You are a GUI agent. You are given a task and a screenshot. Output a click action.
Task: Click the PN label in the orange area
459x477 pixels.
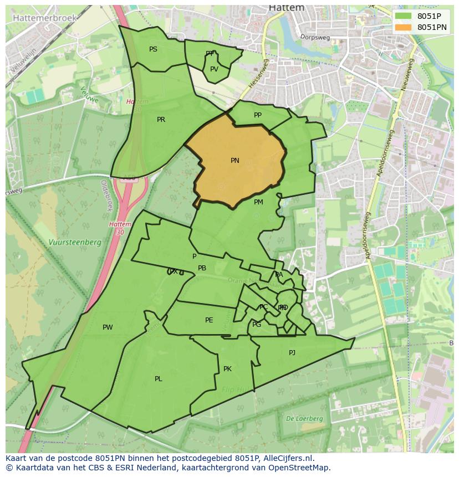[235, 161]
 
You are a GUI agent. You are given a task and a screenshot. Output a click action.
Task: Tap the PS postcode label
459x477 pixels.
[153, 49]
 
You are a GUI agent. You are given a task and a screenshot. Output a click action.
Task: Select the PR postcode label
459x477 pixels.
[161, 120]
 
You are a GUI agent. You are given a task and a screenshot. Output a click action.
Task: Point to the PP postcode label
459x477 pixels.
[258, 115]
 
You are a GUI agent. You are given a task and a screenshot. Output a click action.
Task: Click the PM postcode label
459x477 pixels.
[258, 202]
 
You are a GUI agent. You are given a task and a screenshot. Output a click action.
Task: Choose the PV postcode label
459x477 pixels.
[214, 69]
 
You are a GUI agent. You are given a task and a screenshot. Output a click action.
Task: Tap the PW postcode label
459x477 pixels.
[108, 327]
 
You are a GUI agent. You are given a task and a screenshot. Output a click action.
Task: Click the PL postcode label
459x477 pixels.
[159, 379]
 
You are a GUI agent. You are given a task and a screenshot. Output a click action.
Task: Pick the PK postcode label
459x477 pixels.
[227, 369]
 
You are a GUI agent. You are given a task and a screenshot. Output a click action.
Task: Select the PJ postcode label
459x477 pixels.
[292, 352]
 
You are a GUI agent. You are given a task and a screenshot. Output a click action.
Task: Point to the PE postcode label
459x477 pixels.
[209, 320]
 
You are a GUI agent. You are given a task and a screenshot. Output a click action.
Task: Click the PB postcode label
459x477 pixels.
[202, 268]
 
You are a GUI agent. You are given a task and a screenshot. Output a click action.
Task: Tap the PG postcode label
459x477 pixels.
[257, 325]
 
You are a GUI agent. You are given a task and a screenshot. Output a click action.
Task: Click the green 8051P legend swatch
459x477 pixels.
[404, 16]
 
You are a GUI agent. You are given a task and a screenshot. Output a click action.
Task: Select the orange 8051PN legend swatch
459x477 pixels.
[404, 27]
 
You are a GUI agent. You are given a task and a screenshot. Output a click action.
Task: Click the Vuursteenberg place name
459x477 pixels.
[75, 243]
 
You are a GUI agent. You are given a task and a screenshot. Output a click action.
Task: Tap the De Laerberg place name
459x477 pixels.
[304, 419]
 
